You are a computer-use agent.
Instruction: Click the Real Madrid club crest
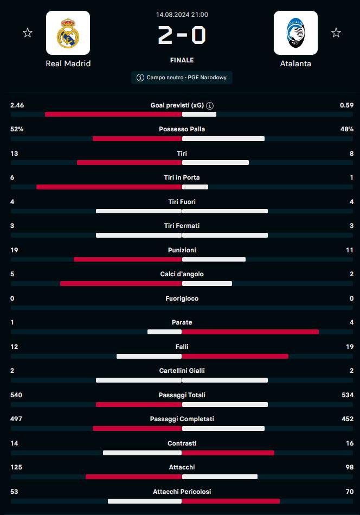[68, 33]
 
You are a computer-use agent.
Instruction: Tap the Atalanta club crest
[295, 33]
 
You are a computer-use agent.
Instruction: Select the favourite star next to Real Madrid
[28, 33]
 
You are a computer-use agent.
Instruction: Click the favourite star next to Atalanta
[336, 33]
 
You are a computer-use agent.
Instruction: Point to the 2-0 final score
[182, 36]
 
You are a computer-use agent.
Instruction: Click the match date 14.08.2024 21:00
[182, 15]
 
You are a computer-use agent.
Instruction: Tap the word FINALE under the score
[182, 60]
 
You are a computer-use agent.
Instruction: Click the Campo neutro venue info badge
[182, 78]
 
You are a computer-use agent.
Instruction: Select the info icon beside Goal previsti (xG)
[210, 105]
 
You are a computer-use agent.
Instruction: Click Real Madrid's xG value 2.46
[17, 105]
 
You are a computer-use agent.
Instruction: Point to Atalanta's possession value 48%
[346, 129]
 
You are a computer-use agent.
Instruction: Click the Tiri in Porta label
[182, 177]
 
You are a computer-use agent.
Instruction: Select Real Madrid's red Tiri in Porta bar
[108, 187]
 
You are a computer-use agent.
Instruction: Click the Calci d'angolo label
[182, 274]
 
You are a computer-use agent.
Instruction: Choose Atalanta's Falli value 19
[349, 346]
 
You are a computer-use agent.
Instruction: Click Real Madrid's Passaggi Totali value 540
[16, 395]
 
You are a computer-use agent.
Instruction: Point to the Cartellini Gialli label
[182, 371]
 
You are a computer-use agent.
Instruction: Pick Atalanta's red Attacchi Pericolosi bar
[231, 501]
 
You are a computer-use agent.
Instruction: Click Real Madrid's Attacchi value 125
[16, 467]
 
